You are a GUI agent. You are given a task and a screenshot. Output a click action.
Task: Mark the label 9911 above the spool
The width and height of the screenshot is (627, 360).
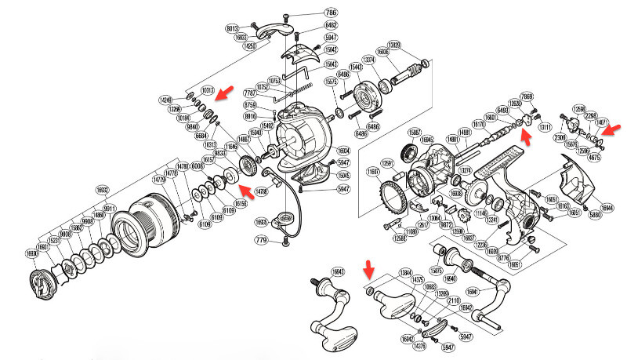point(109,209)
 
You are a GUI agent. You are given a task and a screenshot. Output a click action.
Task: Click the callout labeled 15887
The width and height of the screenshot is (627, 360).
point(414,133)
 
